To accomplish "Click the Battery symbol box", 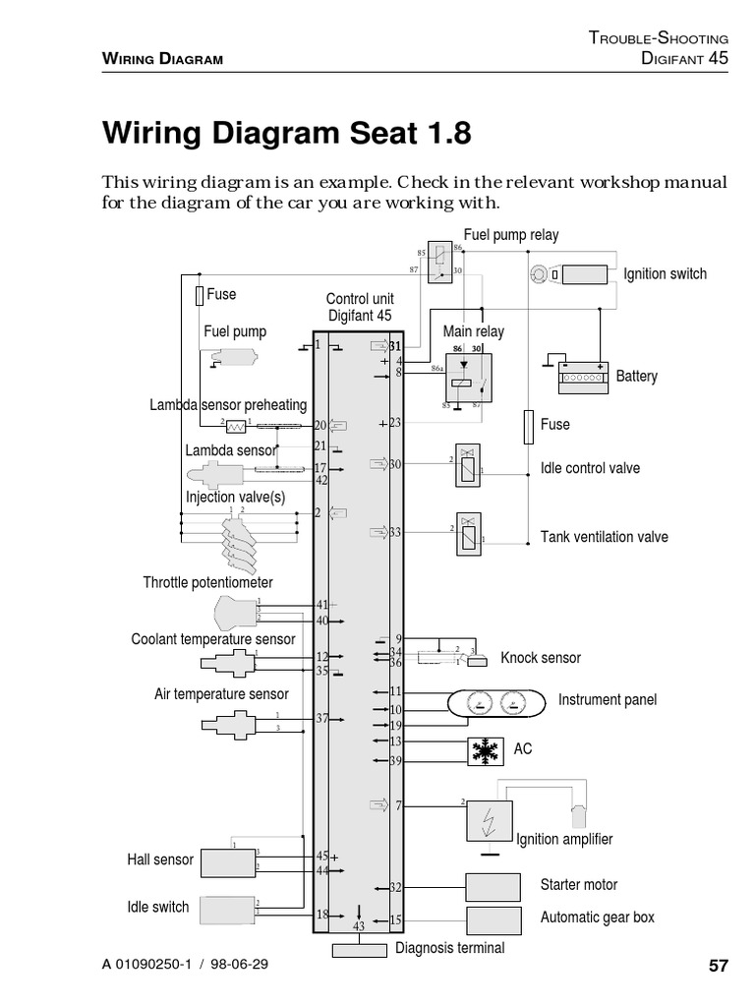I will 584,378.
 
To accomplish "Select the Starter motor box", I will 494,887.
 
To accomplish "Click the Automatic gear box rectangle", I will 494,920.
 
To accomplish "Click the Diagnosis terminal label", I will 450,948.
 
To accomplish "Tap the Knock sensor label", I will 541,658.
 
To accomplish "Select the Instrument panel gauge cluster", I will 494,702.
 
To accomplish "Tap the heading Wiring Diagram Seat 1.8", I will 287,132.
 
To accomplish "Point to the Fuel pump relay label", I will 510,235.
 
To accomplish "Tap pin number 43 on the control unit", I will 358,926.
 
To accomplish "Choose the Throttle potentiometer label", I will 208,583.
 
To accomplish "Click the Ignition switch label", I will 665,274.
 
